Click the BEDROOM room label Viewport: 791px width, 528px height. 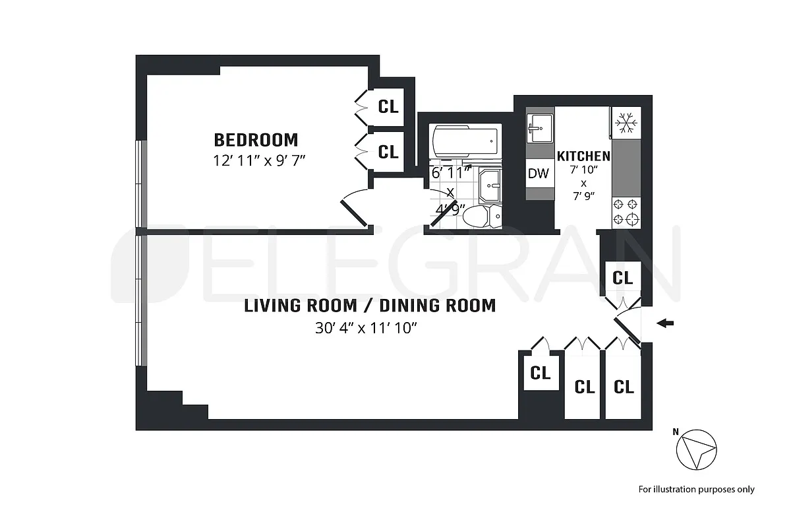pos(256,140)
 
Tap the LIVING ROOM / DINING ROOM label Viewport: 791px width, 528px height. pos(370,306)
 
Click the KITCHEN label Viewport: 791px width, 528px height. pos(583,156)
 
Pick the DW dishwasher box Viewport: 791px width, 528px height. pos(539,174)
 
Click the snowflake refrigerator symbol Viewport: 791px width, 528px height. pos(626,123)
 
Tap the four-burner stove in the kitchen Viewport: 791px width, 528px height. pos(626,212)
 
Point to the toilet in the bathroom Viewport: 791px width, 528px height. pos(481,215)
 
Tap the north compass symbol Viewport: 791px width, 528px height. pos(695,451)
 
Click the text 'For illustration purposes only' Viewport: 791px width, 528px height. pos(696,489)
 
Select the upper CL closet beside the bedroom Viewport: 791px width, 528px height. pos(388,106)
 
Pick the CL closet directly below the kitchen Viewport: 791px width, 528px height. pos(622,277)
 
